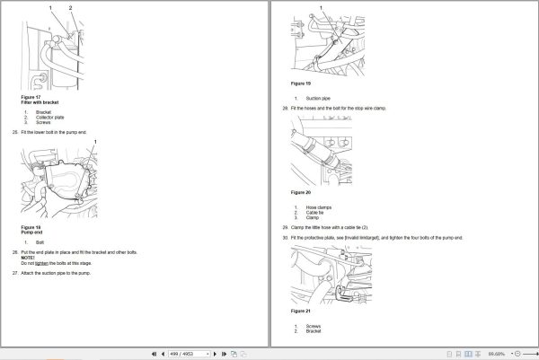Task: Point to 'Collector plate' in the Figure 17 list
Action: pyautogui.click(x=49, y=117)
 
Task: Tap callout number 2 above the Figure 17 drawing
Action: pyautogui.click(x=70, y=6)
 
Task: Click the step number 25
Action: pyautogui.click(x=15, y=132)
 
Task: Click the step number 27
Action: pyautogui.click(x=15, y=271)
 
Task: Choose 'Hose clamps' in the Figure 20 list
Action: pyautogui.click(x=318, y=207)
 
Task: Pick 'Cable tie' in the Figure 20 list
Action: pyautogui.click(x=315, y=212)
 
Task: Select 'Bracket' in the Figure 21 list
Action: pyautogui.click(x=314, y=331)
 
